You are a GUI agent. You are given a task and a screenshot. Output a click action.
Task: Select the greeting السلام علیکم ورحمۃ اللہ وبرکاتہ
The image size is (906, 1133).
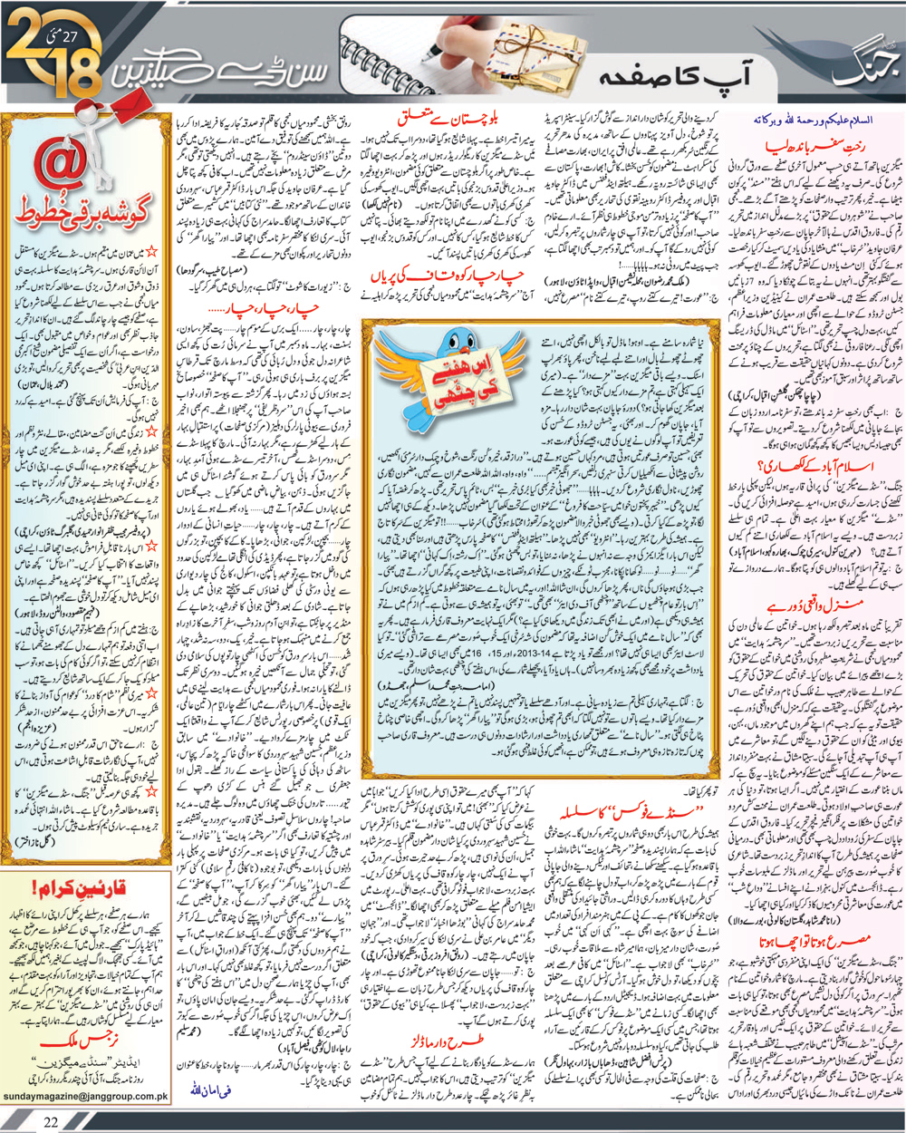pyautogui.click(x=816, y=119)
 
